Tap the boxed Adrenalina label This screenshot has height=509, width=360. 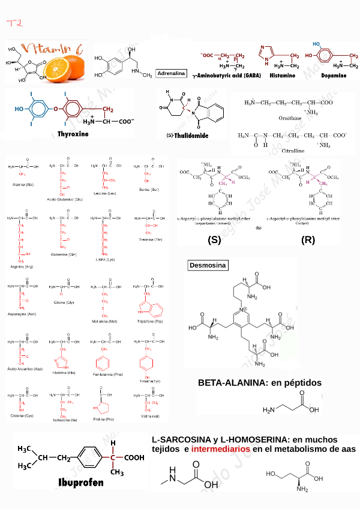click(171, 73)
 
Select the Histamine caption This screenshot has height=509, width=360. click(283, 76)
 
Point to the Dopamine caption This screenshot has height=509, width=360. click(334, 76)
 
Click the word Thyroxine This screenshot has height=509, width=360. click(73, 134)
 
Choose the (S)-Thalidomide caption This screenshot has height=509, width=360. click(188, 136)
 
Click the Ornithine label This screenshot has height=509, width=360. click(290, 118)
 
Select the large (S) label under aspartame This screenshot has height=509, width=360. click(214, 239)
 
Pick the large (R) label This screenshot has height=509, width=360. click(308, 239)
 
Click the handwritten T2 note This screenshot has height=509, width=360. click(14, 23)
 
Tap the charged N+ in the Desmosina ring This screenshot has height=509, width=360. click(243, 309)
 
